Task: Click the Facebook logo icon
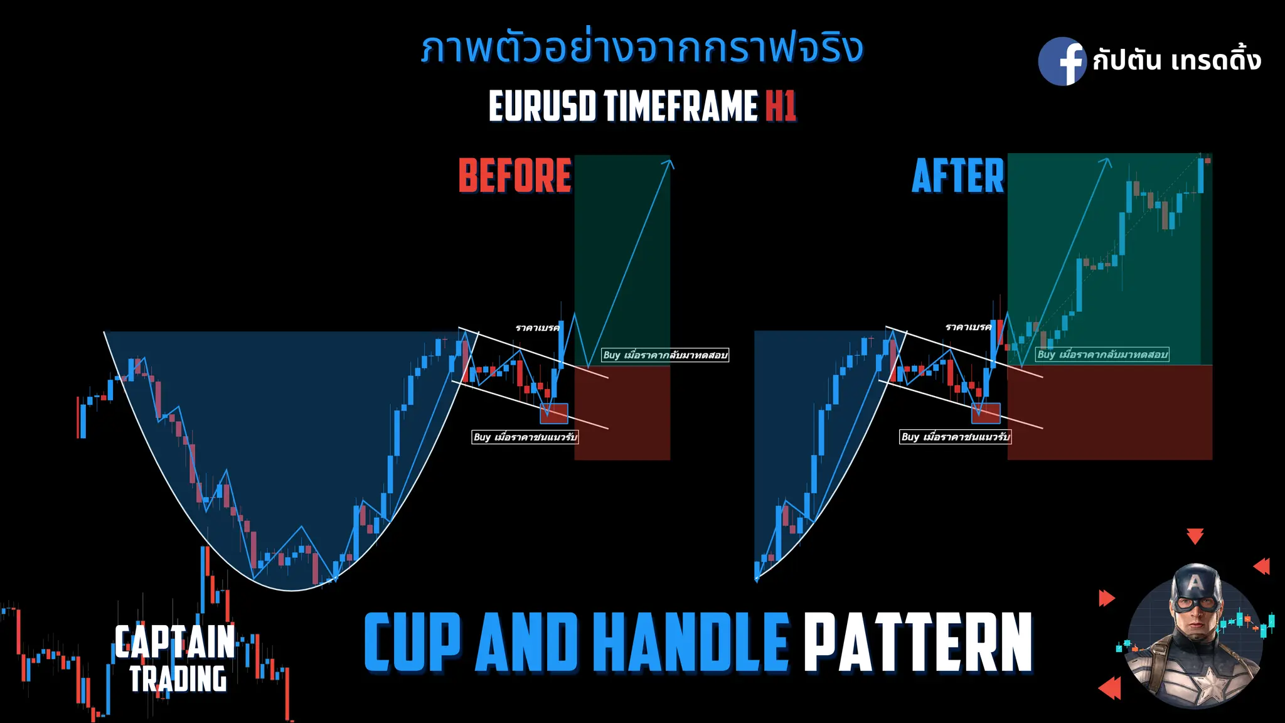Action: click(1062, 61)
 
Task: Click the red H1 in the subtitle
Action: click(781, 105)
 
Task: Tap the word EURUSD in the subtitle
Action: click(542, 105)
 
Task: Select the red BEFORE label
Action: click(515, 176)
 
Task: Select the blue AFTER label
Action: click(957, 176)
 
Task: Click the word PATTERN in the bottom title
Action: click(918, 642)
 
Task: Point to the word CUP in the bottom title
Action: click(412, 642)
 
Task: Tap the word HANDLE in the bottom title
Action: click(690, 642)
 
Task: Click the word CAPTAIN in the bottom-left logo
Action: click(174, 641)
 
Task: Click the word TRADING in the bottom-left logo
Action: click(178, 679)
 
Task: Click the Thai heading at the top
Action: click(642, 49)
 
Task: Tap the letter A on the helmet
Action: click(1195, 583)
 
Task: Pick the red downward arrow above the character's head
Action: click(1195, 536)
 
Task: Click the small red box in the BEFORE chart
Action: click(553, 413)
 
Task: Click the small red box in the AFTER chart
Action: click(986, 413)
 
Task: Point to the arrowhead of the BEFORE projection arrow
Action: click(669, 164)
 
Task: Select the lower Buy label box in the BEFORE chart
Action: click(525, 437)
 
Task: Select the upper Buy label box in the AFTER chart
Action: click(1102, 355)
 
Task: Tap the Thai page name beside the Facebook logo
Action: click(1176, 61)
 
